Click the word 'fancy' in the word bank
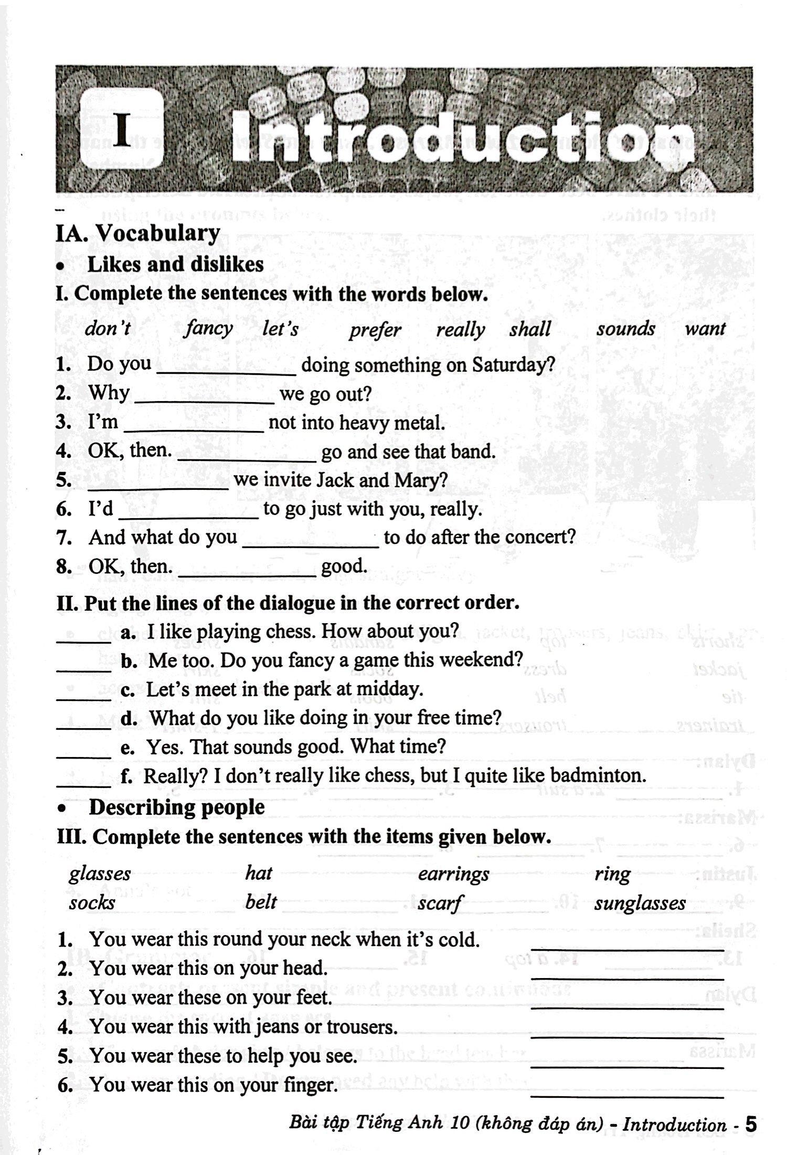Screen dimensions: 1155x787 (x=209, y=329)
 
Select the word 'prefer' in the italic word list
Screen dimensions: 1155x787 (x=375, y=330)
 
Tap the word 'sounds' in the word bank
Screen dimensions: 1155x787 (x=625, y=329)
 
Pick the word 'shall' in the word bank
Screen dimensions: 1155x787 (x=530, y=329)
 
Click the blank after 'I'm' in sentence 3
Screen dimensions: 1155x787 (x=196, y=427)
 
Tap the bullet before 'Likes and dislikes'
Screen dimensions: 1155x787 (x=62, y=267)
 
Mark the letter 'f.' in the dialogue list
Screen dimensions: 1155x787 (x=126, y=775)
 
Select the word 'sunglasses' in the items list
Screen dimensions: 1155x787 (x=640, y=903)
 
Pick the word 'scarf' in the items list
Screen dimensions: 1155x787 (x=440, y=903)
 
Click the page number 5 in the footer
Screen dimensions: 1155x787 (x=751, y=1123)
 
